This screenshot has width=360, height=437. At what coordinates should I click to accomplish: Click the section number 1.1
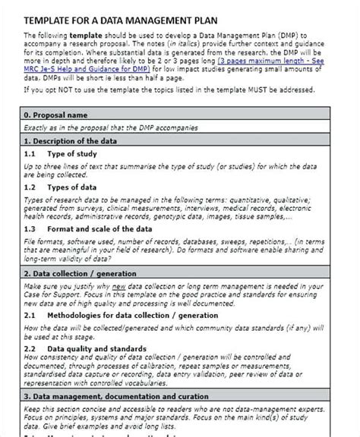pyautogui.click(x=31, y=154)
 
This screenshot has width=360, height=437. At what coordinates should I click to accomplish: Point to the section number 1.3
pyautogui.click(x=31, y=228)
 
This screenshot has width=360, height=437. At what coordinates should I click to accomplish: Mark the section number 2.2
pyautogui.click(x=31, y=347)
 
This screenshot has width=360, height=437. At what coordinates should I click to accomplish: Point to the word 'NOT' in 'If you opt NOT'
pyautogui.click(x=74, y=88)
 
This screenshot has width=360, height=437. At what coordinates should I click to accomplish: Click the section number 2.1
pyautogui.click(x=31, y=316)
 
